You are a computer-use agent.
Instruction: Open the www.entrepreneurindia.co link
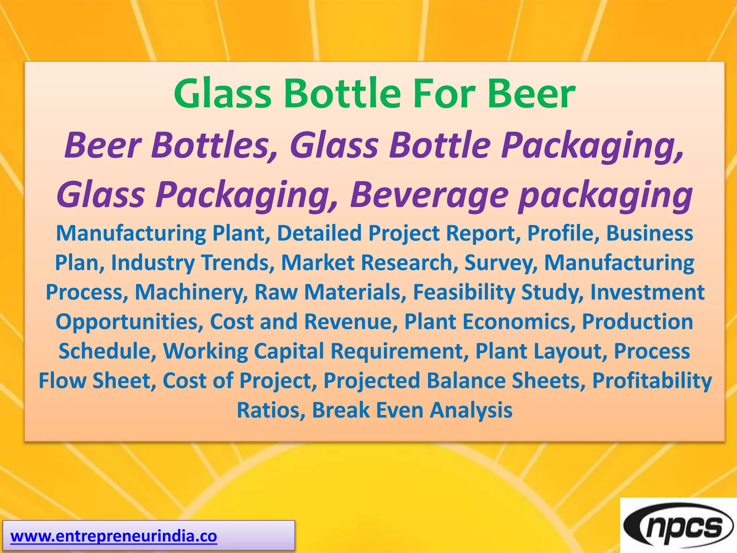[x=114, y=536]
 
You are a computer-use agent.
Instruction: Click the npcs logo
[x=679, y=527]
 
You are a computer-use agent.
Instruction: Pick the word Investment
[x=647, y=292]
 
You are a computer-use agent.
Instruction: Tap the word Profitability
[x=652, y=381]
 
